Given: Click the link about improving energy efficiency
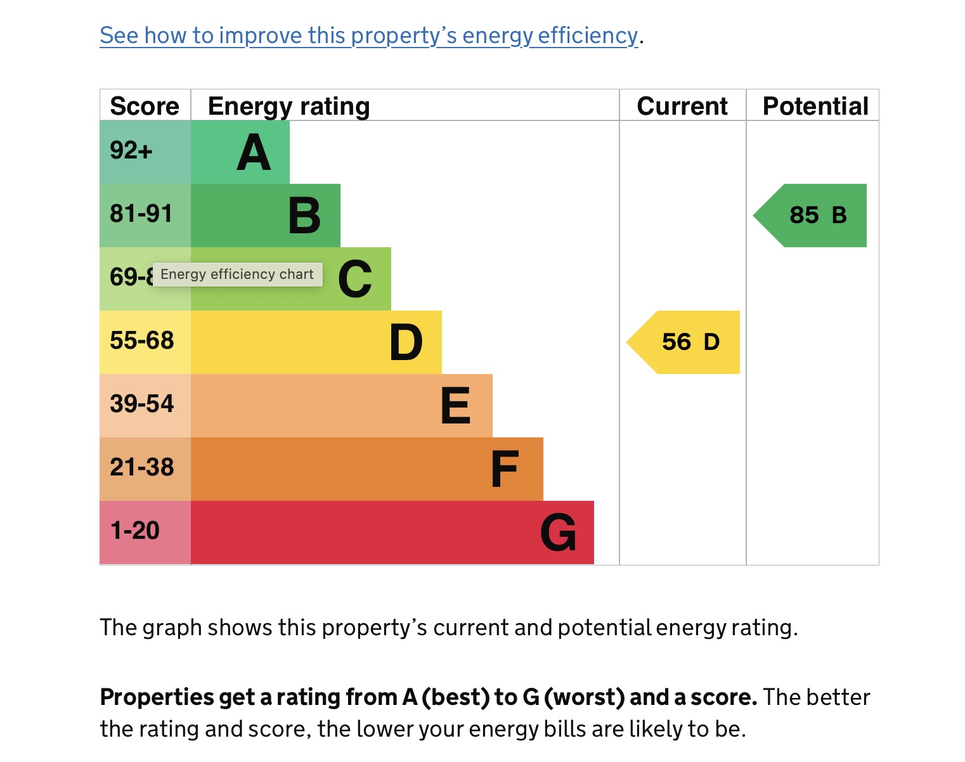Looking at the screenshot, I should (368, 36).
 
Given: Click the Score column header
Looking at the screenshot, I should (145, 106).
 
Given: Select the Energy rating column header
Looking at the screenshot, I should (288, 107).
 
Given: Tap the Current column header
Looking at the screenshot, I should (682, 106).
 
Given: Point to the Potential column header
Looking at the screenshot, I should (815, 106).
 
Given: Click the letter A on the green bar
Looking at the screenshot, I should (254, 153).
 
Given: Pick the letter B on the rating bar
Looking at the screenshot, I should (304, 216).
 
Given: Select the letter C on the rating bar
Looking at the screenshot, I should (355, 279).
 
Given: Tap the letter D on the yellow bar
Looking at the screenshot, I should (406, 342).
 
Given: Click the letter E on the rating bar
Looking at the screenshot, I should (456, 406).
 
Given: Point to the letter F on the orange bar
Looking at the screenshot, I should (505, 469).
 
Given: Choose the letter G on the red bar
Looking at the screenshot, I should (558, 533).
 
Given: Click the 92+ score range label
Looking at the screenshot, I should (131, 151).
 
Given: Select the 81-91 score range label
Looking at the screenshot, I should (141, 214).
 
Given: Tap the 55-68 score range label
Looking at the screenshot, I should (142, 341).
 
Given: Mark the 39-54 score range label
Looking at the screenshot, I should (142, 404).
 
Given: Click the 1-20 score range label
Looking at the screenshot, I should (135, 531).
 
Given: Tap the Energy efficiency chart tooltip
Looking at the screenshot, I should (237, 274).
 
